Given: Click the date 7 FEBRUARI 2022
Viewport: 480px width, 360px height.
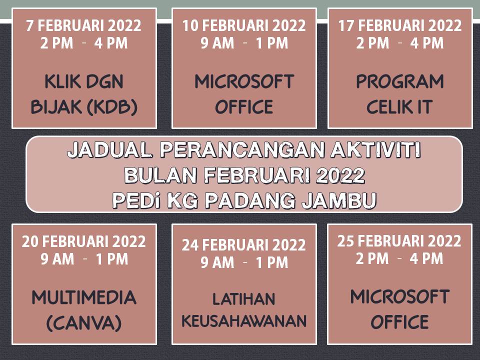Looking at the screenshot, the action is pyautogui.click(x=83, y=25).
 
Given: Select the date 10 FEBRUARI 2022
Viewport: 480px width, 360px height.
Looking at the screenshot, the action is pyautogui.click(x=244, y=25).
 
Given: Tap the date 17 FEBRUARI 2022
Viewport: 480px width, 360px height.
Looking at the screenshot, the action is pyautogui.click(x=400, y=25).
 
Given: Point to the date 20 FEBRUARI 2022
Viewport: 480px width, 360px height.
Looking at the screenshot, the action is pyautogui.click(x=83, y=241).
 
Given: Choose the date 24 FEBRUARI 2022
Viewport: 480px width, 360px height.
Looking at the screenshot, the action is pyautogui.click(x=243, y=245).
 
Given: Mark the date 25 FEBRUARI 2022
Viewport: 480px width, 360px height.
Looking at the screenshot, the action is pyautogui.click(x=399, y=241).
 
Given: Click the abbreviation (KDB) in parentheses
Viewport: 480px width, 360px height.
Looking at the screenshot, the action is pyautogui.click(x=112, y=107).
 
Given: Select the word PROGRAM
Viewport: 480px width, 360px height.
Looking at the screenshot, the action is pyautogui.click(x=400, y=81).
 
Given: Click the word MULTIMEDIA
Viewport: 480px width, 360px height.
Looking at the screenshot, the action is pyautogui.click(x=84, y=297).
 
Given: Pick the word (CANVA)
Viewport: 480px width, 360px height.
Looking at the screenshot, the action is pyautogui.click(x=84, y=323).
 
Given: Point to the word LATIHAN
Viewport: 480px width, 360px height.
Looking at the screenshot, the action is pyautogui.click(x=243, y=299).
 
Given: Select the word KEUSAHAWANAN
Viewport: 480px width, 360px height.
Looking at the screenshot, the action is pyautogui.click(x=244, y=321).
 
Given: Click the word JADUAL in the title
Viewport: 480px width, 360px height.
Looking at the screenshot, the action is pyautogui.click(x=109, y=150).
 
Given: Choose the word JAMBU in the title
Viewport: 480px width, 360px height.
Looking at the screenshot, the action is pyautogui.click(x=339, y=201).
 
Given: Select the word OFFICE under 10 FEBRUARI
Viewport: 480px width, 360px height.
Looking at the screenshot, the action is pyautogui.click(x=244, y=107).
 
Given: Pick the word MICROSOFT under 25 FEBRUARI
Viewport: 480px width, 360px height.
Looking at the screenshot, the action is pyautogui.click(x=400, y=296).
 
